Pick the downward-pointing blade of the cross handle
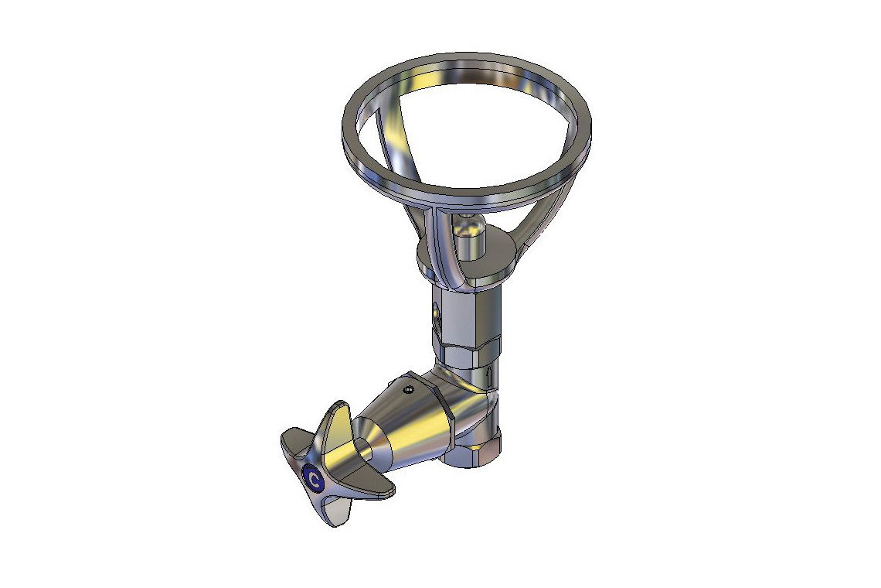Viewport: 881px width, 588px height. pyautogui.click(x=331, y=511)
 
